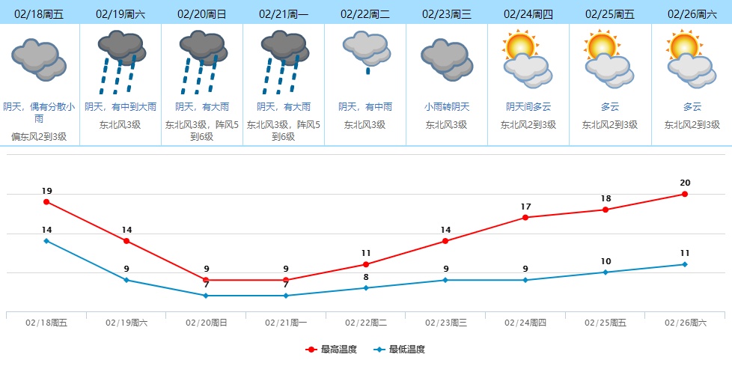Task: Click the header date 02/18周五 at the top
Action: (x=40, y=13)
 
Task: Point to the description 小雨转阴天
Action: (x=447, y=107)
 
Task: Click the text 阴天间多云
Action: (x=528, y=107)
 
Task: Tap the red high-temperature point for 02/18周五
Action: (x=46, y=202)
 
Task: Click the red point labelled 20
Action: (x=685, y=195)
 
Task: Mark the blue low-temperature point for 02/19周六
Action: (x=126, y=280)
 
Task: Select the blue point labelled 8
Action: (x=366, y=288)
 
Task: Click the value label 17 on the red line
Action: (x=525, y=207)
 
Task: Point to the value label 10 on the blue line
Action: (x=606, y=261)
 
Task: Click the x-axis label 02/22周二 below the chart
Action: (x=366, y=323)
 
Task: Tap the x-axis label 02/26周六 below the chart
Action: (x=686, y=323)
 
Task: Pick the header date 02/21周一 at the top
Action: (x=284, y=13)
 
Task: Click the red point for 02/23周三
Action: (x=445, y=241)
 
